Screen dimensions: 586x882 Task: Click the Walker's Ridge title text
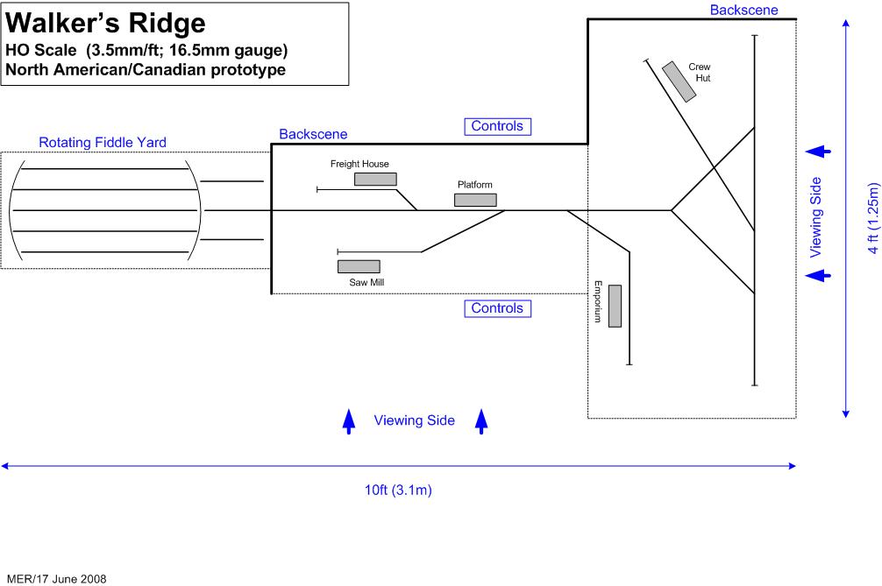pyautogui.click(x=106, y=22)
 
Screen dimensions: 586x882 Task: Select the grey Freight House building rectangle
pyautogui.click(x=375, y=180)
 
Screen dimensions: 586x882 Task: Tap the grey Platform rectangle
pyautogui.click(x=475, y=200)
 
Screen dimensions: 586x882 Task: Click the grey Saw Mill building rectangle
pyautogui.click(x=359, y=266)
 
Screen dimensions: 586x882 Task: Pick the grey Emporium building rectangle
pyautogui.click(x=615, y=307)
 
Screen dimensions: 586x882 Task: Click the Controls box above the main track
pyautogui.click(x=497, y=126)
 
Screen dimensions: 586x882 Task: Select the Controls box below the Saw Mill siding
pyautogui.click(x=497, y=308)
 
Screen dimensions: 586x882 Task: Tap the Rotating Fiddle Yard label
pyautogui.click(x=103, y=142)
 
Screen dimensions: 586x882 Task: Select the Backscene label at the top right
pyautogui.click(x=744, y=10)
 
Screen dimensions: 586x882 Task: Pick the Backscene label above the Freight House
pyautogui.click(x=313, y=134)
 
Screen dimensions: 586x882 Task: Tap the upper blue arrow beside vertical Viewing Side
pyautogui.click(x=818, y=152)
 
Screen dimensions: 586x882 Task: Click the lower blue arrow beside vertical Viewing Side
pyautogui.click(x=818, y=276)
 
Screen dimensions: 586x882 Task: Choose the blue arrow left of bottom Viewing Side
pyautogui.click(x=349, y=421)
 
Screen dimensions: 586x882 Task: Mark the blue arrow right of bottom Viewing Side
pyautogui.click(x=480, y=421)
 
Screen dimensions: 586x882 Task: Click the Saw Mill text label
pyautogui.click(x=366, y=282)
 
